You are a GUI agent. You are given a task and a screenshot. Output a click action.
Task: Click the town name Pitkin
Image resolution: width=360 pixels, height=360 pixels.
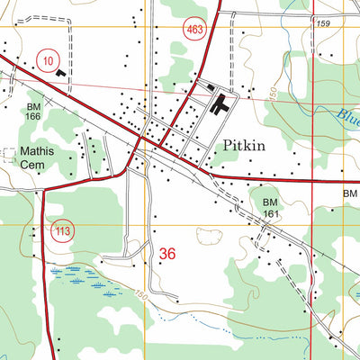tap(244, 145)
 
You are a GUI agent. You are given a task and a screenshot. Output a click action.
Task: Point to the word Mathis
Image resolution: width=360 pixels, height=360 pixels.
tap(39, 151)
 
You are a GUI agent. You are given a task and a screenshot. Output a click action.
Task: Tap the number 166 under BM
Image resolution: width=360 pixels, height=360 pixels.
tap(33, 117)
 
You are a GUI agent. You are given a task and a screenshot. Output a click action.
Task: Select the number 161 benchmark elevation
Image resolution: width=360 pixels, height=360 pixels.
tap(272, 215)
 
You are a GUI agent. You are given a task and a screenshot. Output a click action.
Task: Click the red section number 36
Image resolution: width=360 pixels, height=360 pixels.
tap(167, 255)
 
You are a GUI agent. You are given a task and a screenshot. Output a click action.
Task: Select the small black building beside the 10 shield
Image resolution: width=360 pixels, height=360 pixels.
tap(60, 71)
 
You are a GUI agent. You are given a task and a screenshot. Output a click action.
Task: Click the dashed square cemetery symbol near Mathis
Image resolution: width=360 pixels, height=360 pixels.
tap(10, 155)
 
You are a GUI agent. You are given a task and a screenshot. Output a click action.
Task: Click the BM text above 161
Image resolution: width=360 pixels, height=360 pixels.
tap(270, 203)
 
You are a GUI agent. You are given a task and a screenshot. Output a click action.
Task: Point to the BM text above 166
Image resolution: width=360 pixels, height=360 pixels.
tap(32, 106)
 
